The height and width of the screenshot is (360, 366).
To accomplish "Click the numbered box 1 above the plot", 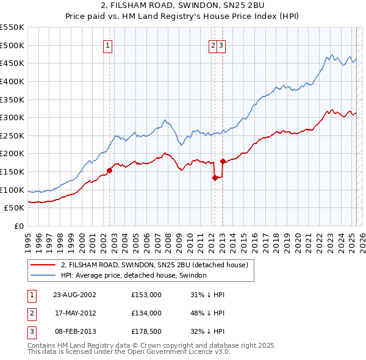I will [107, 45].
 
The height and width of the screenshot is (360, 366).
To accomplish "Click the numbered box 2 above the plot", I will [213, 45].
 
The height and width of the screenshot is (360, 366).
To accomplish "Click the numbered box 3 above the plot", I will [221, 45].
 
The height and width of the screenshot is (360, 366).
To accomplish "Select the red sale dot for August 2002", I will [110, 170].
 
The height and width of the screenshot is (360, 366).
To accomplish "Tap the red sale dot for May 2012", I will [215, 178].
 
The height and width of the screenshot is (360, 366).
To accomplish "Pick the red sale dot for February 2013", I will [223, 161].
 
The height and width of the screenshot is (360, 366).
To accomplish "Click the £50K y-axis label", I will [14, 208].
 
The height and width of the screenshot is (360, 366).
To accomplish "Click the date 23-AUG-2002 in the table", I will [75, 295].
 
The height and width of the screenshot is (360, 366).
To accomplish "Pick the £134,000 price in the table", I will [146, 313].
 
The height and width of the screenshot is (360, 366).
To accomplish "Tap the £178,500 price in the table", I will [146, 331].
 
